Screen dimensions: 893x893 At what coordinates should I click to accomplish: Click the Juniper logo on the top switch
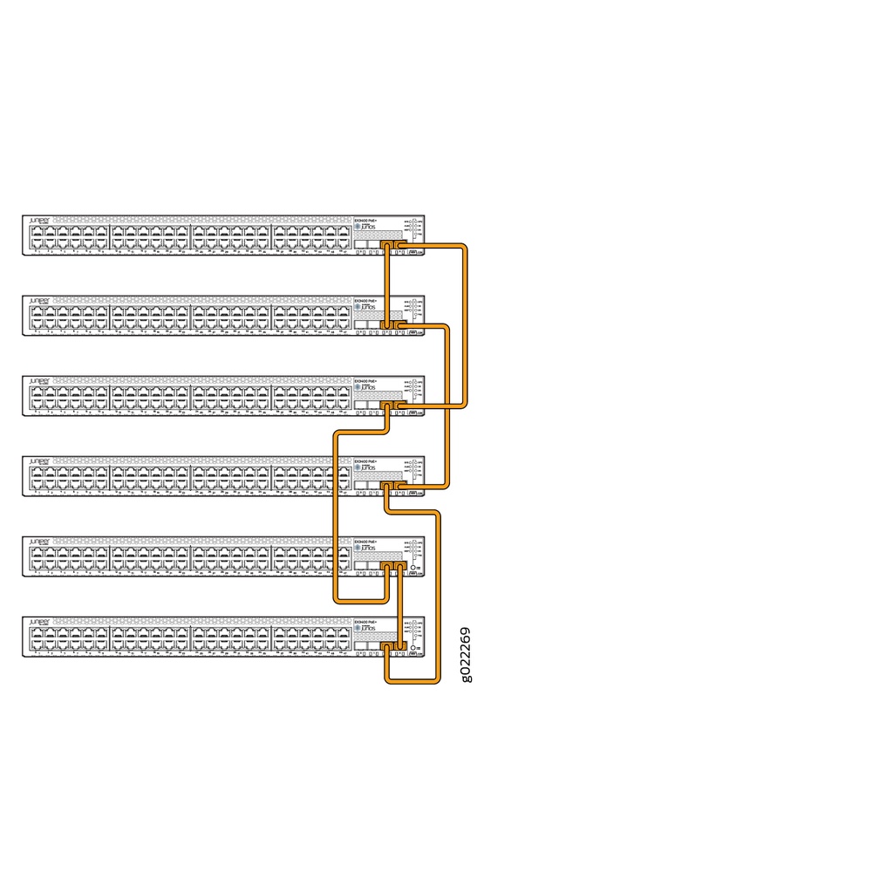pos(39,221)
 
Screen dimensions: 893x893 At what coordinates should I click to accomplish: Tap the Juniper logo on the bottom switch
pos(39,622)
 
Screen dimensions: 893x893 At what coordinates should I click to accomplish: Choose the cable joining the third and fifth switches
pos(335,515)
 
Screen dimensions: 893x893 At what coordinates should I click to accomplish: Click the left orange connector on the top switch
pos(387,248)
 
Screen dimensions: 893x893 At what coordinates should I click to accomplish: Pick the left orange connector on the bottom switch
pos(387,647)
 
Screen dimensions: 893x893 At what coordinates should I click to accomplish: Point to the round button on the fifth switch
pos(412,567)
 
